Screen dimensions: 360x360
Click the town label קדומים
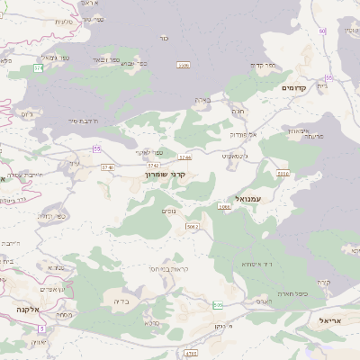pyautogui.click(x=294, y=87)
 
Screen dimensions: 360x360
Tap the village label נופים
pyautogui.click(x=168, y=211)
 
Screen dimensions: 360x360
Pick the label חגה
pyautogui.click(x=238, y=110)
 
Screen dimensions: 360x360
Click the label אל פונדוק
pyautogui.click(x=243, y=133)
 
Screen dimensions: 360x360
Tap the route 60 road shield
pyautogui.click(x=321, y=31)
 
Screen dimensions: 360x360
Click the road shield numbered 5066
pyautogui.click(x=224, y=207)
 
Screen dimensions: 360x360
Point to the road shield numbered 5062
pyautogui.click(x=192, y=226)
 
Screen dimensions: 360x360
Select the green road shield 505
pyautogui.click(x=218, y=305)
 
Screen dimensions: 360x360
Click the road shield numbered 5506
pyautogui.click(x=184, y=65)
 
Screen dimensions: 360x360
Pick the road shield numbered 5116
pyautogui.click(x=283, y=174)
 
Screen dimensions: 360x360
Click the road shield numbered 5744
pyautogui.click(x=184, y=157)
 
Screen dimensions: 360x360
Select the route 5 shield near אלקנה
pyautogui.click(x=40, y=328)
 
